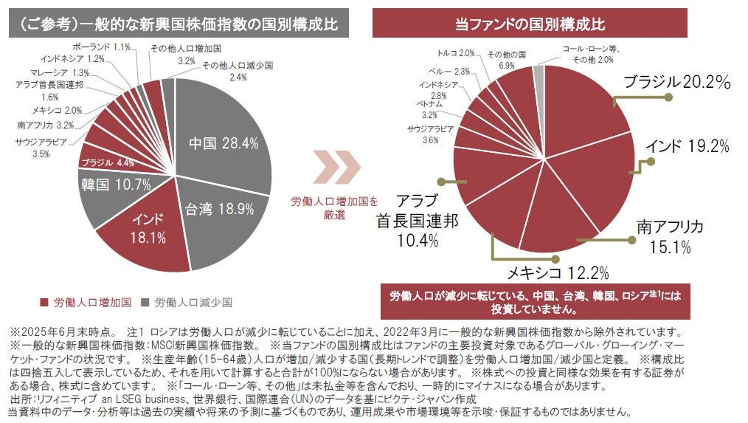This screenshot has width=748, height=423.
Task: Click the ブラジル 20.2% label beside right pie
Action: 676,82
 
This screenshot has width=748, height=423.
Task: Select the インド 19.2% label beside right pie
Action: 687,146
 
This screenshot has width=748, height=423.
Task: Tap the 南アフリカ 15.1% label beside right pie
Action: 670,235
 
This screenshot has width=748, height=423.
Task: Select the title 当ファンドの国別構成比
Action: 530,24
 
